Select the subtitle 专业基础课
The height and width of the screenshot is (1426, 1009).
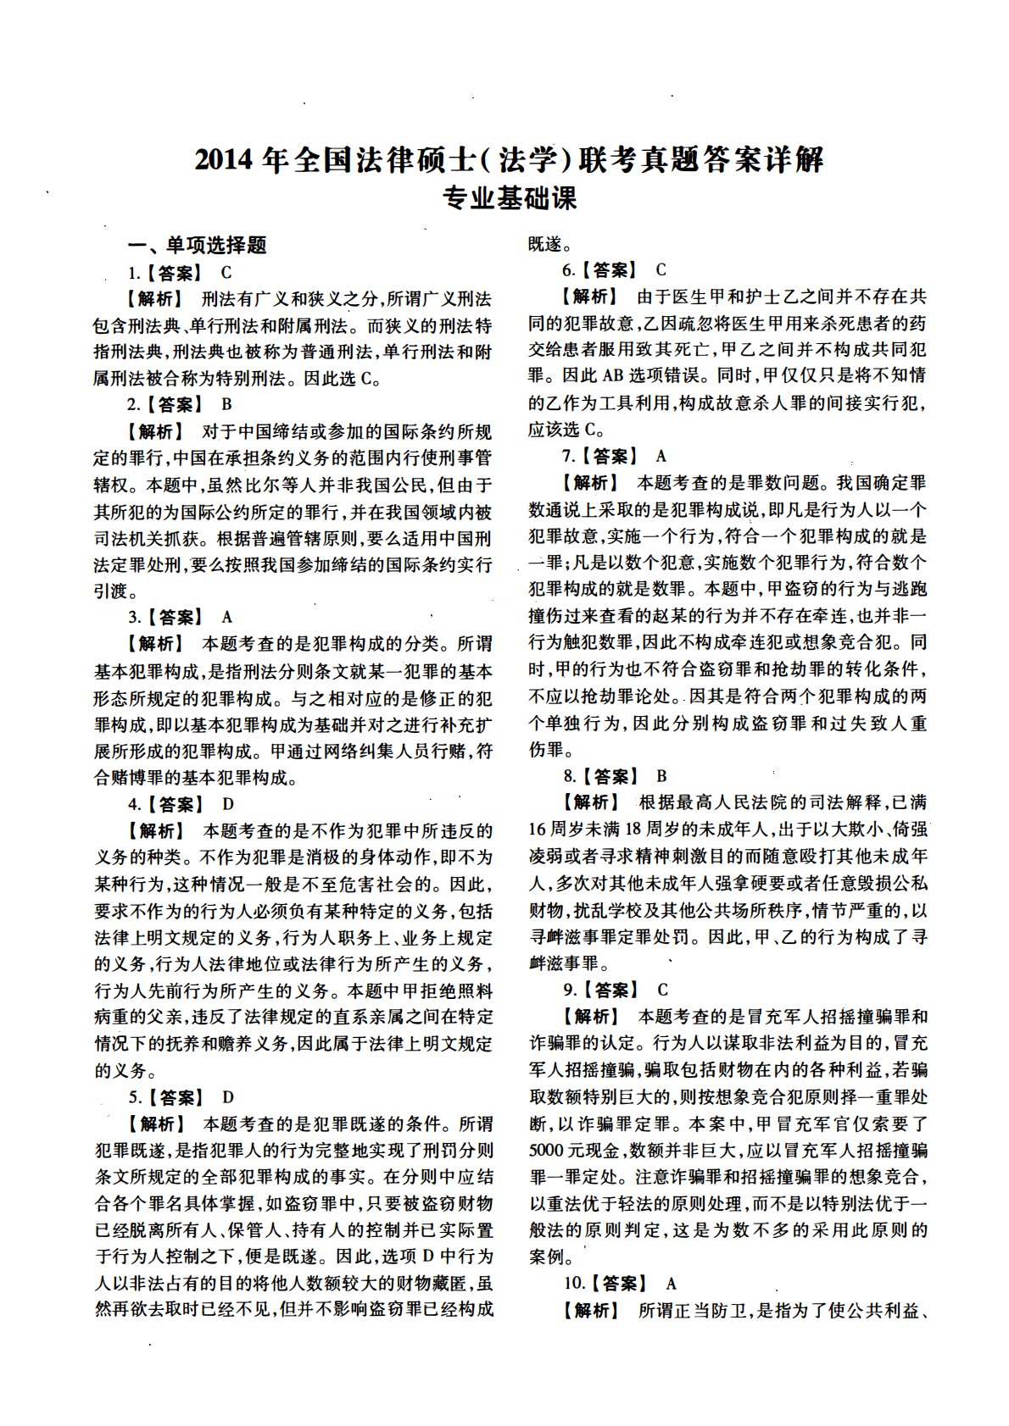click(510, 198)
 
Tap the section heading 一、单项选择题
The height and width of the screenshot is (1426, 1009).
click(197, 246)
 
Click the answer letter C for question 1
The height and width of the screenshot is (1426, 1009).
click(226, 273)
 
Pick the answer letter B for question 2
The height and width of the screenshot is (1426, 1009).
click(226, 405)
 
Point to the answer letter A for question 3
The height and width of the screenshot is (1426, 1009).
click(226, 617)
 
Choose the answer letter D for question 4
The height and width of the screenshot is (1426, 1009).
click(227, 804)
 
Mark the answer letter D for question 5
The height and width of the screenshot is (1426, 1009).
click(227, 1098)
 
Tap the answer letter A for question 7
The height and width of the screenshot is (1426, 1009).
click(661, 457)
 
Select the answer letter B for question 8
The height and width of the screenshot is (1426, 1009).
click(661, 776)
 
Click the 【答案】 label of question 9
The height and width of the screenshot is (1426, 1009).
click(611, 990)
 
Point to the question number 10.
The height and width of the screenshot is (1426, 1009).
click(572, 1284)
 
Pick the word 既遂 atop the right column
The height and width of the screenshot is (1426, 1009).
click(544, 245)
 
